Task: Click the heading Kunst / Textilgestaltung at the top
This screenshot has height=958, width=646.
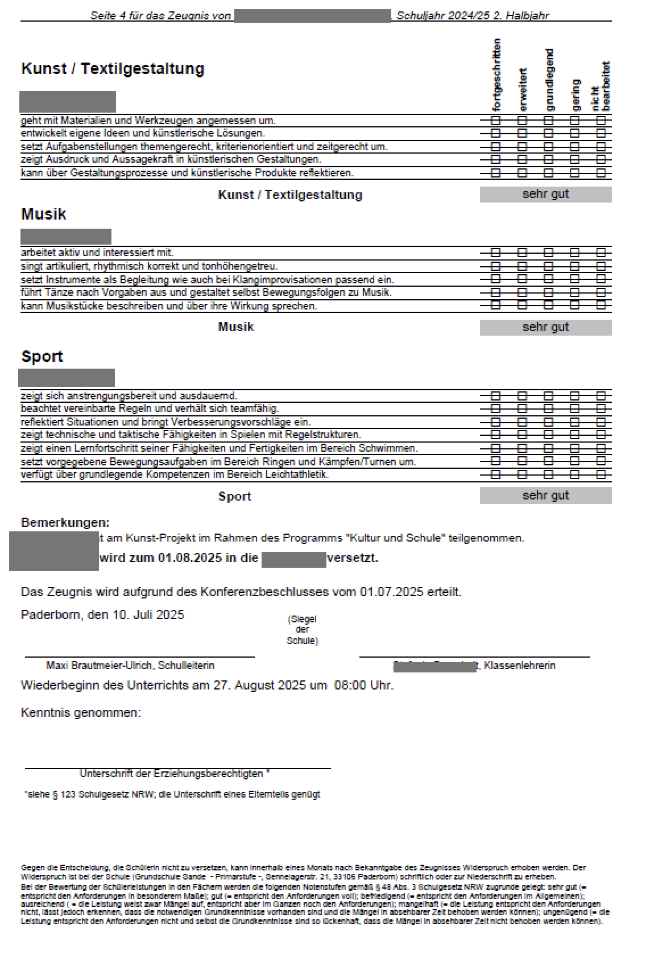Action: click(x=113, y=69)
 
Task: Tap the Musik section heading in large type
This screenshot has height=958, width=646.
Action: click(x=44, y=214)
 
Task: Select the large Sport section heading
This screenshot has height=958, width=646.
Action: click(x=42, y=357)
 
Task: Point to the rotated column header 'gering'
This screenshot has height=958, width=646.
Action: click(x=575, y=94)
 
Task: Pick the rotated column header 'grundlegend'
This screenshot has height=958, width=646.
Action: click(x=549, y=80)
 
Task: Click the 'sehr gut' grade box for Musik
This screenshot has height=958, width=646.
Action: click(x=545, y=328)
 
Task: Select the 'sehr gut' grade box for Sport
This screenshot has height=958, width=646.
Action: click(x=545, y=495)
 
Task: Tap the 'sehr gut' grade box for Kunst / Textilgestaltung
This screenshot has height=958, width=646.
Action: click(x=545, y=195)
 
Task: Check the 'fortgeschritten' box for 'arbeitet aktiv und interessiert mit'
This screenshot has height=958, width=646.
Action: click(x=496, y=252)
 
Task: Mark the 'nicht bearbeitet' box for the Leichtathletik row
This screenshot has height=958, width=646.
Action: click(x=601, y=474)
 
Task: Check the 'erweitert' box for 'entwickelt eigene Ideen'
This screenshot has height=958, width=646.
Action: click(x=522, y=133)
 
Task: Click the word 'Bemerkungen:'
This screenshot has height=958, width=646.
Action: click(x=65, y=523)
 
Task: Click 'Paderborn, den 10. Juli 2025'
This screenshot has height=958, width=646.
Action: click(x=103, y=615)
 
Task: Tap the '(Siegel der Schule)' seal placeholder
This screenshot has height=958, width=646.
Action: click(x=302, y=630)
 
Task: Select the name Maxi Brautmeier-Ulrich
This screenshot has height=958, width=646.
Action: click(x=99, y=666)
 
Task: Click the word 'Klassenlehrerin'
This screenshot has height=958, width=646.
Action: click(x=520, y=666)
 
